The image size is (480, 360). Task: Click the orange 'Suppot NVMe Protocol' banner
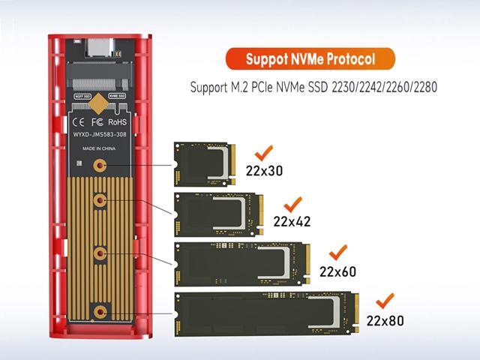309,58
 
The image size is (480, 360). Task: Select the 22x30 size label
264,170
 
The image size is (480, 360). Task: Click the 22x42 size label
292,221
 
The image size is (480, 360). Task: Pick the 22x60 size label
337,271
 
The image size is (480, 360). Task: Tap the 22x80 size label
385,320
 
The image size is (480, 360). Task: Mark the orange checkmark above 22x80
385,301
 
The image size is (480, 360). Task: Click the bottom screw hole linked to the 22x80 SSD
99,310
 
